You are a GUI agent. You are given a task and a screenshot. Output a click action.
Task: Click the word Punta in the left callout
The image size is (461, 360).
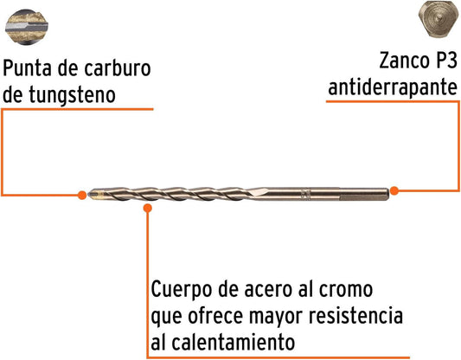click(x=29, y=68)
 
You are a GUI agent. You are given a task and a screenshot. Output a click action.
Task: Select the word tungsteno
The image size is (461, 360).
click(x=72, y=95)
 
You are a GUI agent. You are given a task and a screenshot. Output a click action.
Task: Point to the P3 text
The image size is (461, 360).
click(x=445, y=61)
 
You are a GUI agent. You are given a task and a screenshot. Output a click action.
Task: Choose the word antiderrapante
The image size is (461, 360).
click(x=393, y=87)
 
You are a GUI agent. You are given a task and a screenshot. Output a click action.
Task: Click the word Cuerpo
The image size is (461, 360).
click(x=181, y=290)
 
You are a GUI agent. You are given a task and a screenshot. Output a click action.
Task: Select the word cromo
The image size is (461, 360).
click(x=346, y=290)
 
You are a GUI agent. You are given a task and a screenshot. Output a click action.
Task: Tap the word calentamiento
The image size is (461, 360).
click(x=234, y=343)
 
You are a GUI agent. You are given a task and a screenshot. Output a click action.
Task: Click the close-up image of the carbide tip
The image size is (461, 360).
click(x=27, y=27)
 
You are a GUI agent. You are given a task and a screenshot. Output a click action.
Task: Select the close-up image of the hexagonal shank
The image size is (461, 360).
click(x=439, y=19)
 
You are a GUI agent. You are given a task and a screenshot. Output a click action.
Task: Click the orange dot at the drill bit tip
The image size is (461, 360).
click(x=82, y=195)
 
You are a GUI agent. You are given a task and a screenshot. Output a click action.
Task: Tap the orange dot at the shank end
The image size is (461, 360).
click(x=394, y=190)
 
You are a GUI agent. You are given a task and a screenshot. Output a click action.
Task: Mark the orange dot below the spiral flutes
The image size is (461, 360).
click(x=148, y=208)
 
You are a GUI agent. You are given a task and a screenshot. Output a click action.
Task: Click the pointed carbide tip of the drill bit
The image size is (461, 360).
click(x=94, y=194)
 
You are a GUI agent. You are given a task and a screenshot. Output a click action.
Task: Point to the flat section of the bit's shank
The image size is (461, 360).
click(x=365, y=197)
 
